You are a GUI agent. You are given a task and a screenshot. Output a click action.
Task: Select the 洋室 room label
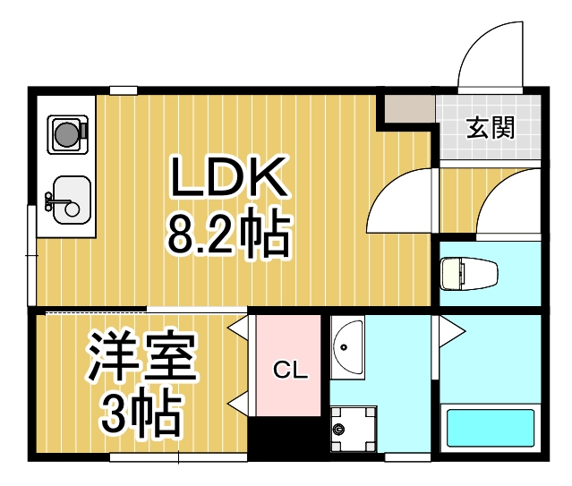[141, 356]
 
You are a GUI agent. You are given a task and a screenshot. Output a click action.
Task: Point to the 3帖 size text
[141, 413]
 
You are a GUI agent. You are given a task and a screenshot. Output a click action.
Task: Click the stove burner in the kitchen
[66, 134]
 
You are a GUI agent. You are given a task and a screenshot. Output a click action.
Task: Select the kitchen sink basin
[67, 199]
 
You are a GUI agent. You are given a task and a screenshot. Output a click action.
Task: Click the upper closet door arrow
[238, 329]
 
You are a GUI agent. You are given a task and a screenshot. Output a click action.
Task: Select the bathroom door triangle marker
[450, 332]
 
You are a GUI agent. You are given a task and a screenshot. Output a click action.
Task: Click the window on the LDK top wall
[124, 90]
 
